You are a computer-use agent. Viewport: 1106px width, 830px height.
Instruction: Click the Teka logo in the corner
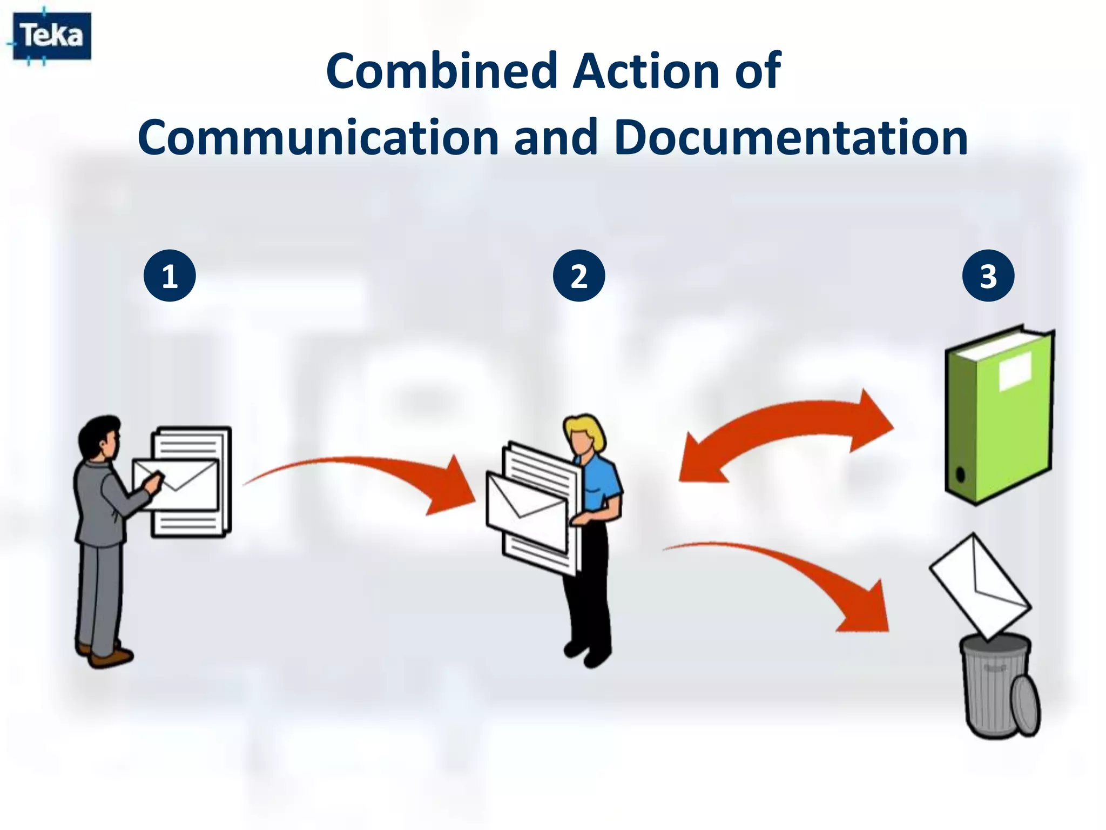51,36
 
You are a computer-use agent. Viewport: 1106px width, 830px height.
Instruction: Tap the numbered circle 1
170,276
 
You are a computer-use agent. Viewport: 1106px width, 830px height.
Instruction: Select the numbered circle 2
579,276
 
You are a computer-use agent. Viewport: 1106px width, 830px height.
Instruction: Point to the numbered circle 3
988,276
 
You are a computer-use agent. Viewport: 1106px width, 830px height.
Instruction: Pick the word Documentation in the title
791,137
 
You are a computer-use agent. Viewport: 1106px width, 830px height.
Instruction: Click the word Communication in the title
318,137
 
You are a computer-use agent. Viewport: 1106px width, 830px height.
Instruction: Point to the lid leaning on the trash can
1025,705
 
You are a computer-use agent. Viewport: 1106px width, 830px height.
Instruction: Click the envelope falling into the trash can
980,586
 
